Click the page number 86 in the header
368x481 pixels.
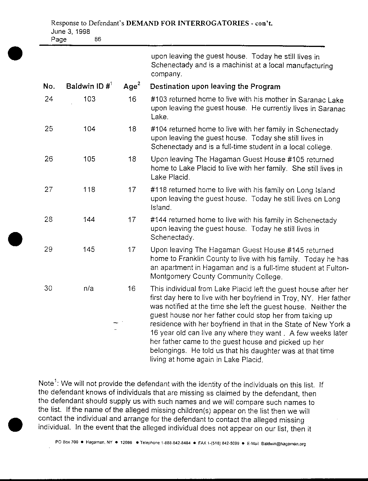(x=98, y=39)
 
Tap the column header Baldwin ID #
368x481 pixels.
(x=88, y=87)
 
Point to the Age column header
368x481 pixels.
(x=131, y=87)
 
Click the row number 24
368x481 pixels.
(x=49, y=99)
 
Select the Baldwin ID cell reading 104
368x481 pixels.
(x=89, y=129)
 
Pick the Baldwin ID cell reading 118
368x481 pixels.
(x=89, y=189)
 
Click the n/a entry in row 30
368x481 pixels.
(x=89, y=288)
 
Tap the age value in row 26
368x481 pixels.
(x=132, y=159)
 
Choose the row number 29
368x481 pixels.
(x=49, y=250)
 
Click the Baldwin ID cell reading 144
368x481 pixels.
(x=89, y=219)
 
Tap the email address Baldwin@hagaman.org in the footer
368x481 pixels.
(x=283, y=444)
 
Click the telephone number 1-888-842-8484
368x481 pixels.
(x=176, y=443)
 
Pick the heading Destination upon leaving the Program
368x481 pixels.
(x=215, y=87)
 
